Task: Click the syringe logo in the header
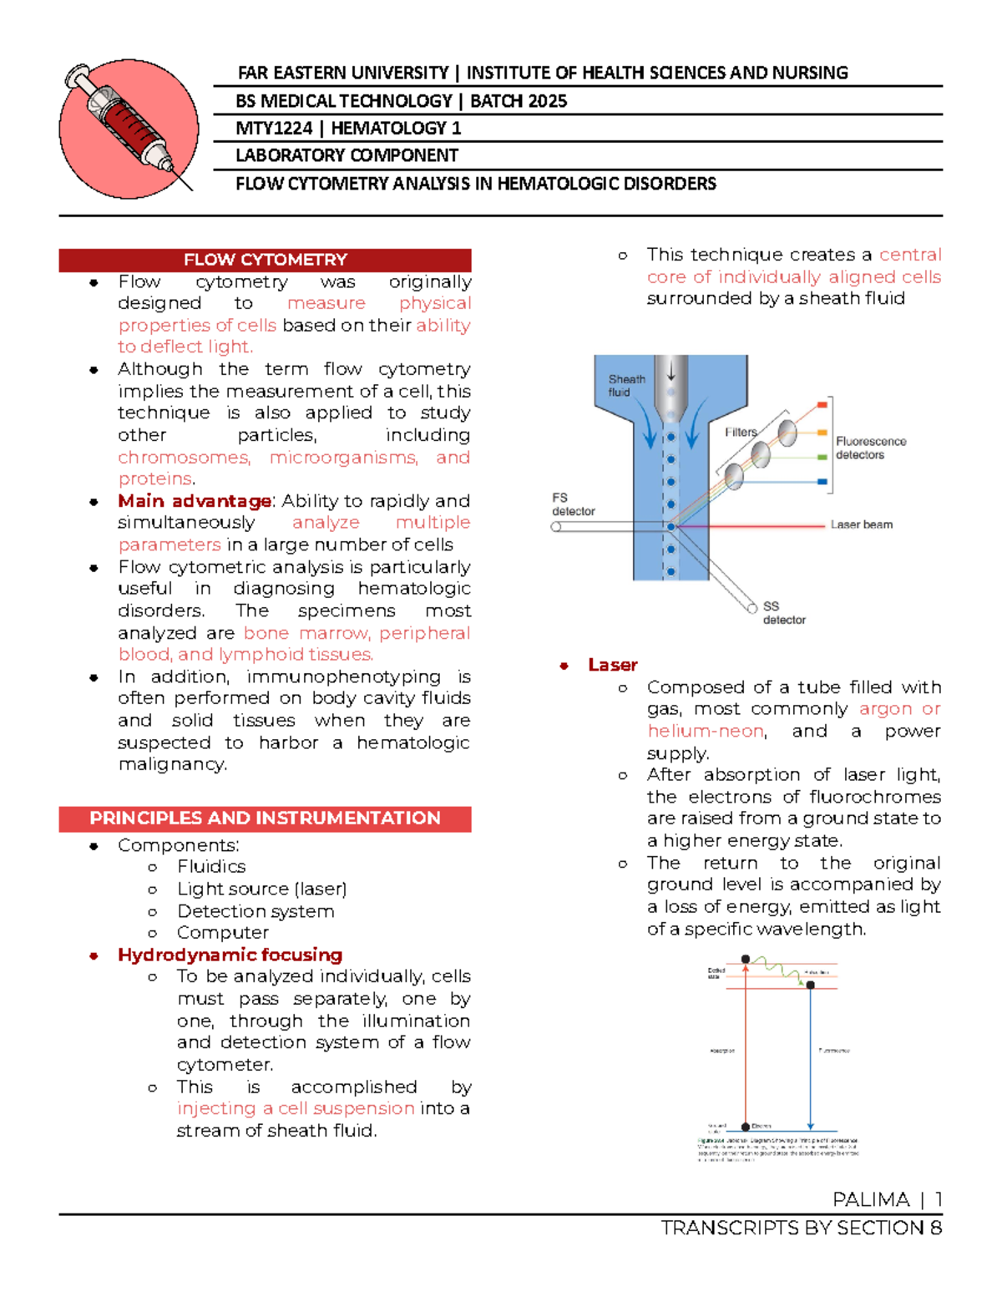coord(129,129)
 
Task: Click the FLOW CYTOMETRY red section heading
coord(265,260)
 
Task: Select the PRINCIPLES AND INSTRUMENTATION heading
coord(265,818)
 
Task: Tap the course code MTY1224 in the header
coord(273,129)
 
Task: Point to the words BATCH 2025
coord(519,101)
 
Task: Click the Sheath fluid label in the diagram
coord(626,385)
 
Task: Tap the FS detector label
coord(573,504)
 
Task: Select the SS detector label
coord(783,613)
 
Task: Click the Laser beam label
coord(861,524)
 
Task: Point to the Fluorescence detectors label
coord(870,448)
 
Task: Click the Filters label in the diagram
coord(741,432)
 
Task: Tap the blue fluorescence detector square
coord(822,482)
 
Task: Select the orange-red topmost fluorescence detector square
coord(822,405)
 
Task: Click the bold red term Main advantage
coord(195,501)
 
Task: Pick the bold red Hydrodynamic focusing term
coord(230,955)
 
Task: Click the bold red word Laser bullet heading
coord(612,665)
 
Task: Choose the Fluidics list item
coord(211,867)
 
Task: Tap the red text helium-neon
coord(706,731)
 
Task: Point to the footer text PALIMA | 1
coord(887,1200)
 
